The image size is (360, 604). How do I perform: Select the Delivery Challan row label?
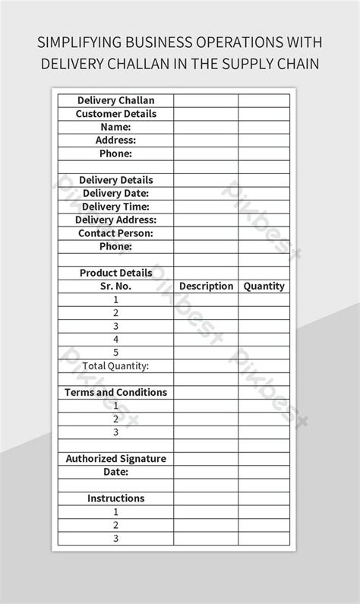(115, 100)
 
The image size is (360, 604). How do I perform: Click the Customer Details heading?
(115, 114)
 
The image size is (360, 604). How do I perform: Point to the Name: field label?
(115, 127)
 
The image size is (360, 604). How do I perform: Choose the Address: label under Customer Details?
(115, 141)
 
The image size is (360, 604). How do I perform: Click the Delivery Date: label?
(115, 194)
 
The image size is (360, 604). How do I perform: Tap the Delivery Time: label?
(115, 207)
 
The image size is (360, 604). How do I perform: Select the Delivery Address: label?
(115, 220)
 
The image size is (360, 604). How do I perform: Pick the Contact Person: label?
(115, 233)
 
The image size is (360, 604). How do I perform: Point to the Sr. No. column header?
(115, 286)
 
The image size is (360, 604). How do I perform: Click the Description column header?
(206, 286)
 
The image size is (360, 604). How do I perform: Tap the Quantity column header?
(264, 286)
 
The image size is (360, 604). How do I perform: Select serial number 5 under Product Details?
(115, 353)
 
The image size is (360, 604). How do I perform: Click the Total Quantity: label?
(115, 366)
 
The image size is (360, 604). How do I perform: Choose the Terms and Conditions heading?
(115, 393)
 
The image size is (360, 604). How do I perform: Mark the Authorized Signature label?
(115, 459)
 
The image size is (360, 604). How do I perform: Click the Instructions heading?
(115, 498)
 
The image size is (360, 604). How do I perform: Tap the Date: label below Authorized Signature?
(115, 472)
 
